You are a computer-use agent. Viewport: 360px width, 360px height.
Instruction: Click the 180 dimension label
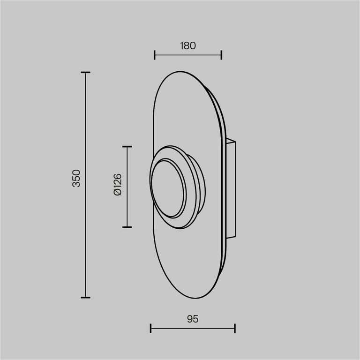point(187,45)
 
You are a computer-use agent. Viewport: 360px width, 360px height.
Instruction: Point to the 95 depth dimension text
point(193,319)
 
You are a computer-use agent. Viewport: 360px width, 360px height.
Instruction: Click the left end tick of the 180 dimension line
point(155,55)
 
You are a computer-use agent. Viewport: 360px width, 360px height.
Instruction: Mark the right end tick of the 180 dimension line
point(221,55)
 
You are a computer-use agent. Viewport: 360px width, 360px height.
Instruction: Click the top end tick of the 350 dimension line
point(85,73)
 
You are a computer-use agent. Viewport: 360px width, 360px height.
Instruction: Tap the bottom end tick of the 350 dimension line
point(85,297)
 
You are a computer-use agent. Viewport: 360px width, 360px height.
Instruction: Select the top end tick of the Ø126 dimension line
point(127,147)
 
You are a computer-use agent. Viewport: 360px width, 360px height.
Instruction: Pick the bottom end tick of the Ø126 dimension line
point(127,227)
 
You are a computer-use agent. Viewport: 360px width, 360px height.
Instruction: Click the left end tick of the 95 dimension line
point(150,328)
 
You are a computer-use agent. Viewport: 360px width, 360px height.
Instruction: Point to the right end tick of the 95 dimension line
point(235,328)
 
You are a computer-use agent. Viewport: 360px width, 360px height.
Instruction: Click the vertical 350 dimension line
point(85,234)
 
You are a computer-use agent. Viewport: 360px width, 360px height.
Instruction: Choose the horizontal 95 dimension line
point(193,328)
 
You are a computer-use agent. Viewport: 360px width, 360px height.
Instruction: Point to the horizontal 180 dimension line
point(188,55)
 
